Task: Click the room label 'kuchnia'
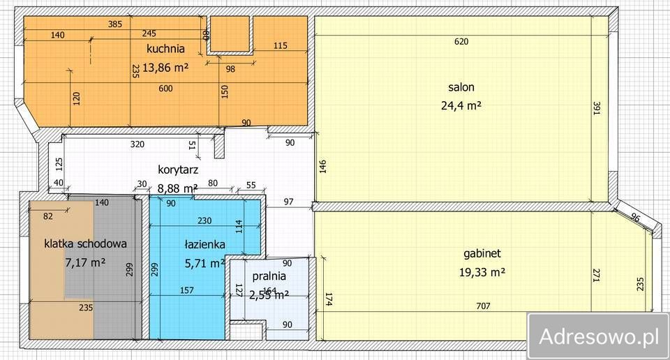point(165,49)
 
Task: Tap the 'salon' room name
point(461,87)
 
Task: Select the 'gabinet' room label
point(482,253)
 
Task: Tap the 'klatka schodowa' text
point(85,243)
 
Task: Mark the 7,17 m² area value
point(85,262)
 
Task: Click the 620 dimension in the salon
point(461,41)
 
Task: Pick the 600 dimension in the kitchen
point(165,88)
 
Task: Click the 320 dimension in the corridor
point(137,144)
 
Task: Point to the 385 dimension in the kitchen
point(115,24)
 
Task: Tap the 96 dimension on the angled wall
point(635,218)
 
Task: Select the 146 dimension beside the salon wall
point(322,168)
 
